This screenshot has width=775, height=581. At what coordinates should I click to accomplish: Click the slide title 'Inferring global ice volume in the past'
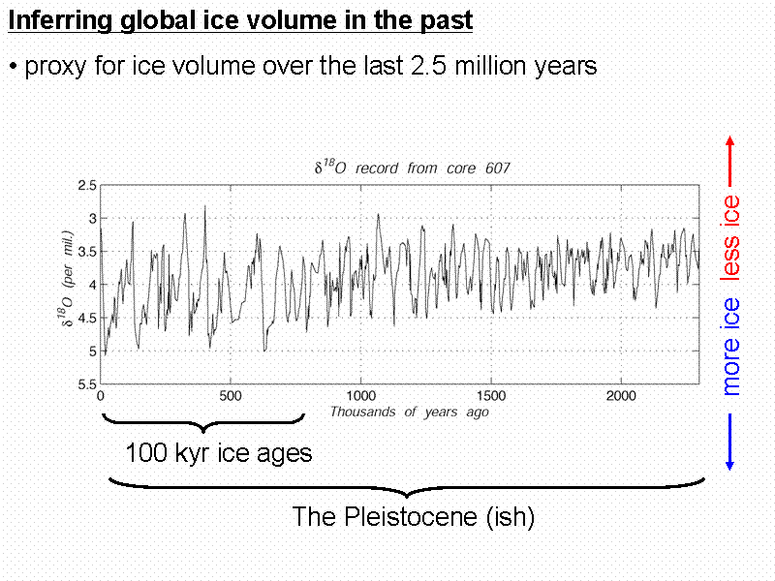point(240,19)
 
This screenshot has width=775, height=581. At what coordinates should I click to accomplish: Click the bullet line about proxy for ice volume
point(302,66)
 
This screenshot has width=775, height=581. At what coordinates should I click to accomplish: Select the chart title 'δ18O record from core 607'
point(412,168)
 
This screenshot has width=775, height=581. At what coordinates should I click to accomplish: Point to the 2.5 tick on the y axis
point(87,185)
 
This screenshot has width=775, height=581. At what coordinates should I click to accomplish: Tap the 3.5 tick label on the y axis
point(87,252)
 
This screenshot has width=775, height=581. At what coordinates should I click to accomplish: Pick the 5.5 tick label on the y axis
point(87,384)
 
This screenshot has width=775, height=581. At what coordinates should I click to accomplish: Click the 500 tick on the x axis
point(231,396)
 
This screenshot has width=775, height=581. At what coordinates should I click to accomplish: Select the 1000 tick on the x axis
point(360,396)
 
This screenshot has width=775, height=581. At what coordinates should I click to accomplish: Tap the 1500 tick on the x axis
point(491,396)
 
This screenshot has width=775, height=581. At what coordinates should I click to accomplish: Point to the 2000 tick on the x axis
point(621,396)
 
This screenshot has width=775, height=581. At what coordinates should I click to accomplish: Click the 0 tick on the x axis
point(101,396)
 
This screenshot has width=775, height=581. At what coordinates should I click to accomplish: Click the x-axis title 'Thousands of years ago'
point(409,412)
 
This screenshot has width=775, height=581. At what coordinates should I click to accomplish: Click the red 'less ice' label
point(731,238)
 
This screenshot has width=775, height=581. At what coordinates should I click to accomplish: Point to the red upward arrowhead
point(730,141)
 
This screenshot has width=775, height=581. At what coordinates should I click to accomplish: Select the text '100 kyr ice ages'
point(219,453)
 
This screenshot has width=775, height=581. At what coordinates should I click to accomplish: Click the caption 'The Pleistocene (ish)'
point(414,517)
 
